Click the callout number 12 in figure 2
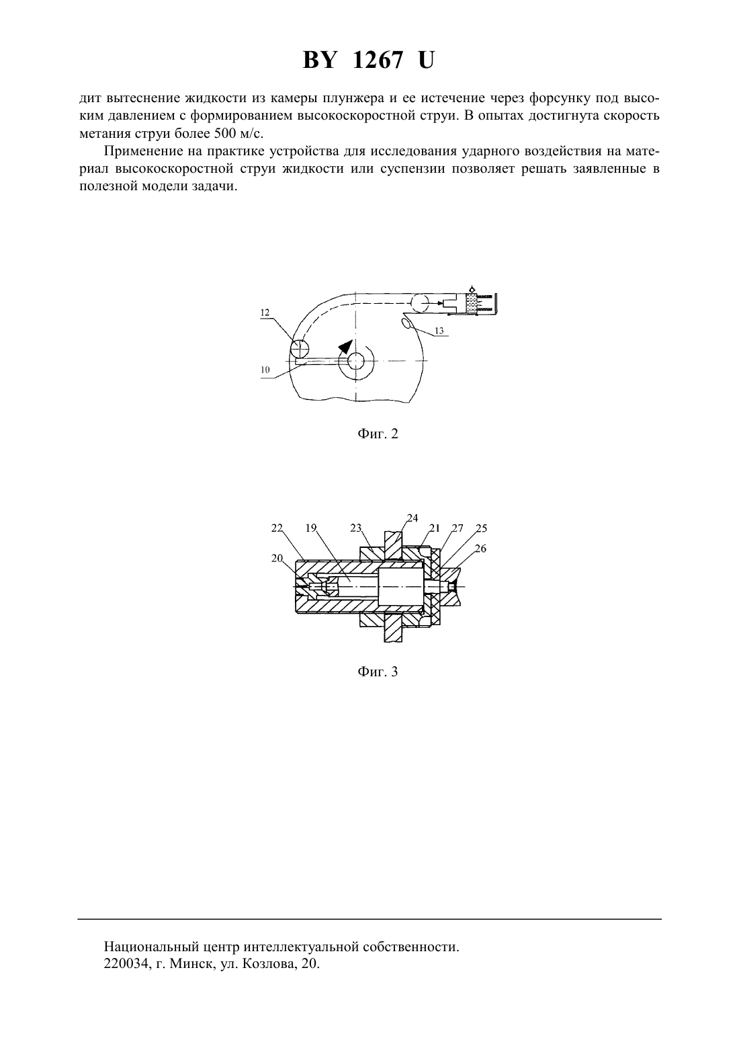pos(265,313)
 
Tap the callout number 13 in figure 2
pos(439,331)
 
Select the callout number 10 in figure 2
pos(265,370)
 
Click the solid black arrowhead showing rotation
pos(345,346)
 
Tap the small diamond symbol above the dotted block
pos(472,289)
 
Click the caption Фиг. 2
pos(378,434)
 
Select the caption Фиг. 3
pos(378,672)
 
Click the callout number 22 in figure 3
pos(277,528)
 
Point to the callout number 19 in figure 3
pos(311,528)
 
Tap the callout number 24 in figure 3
pos(412,518)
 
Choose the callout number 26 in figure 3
pos(480,549)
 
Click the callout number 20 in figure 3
pos(277,557)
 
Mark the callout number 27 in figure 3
pos(458,528)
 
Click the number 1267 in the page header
pos(378,61)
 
